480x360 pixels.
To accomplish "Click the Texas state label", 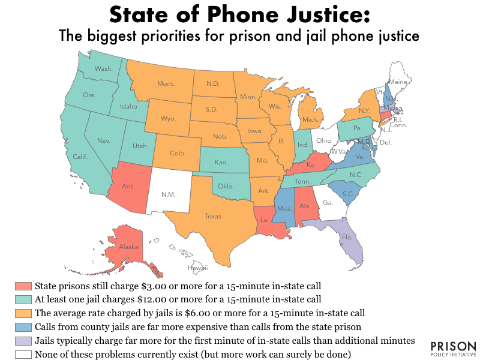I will click(212, 216).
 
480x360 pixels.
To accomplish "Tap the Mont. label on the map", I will click(166, 84).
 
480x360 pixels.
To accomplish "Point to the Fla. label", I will click(347, 238).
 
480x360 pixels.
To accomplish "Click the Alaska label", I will click(129, 247).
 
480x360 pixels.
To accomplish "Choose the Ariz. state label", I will click(128, 186).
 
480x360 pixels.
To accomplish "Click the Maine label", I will click(398, 81).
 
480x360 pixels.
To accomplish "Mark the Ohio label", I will click(324, 140).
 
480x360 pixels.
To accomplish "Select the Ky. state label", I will click(310, 164).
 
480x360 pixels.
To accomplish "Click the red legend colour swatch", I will click(23, 286).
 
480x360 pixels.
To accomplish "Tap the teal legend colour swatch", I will click(23, 299).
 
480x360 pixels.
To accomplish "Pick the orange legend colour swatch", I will click(23, 313).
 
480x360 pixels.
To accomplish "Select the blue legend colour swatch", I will click(23, 326).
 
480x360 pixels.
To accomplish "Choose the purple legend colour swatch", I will click(23, 340).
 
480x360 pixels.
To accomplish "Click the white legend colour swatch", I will click(23, 354).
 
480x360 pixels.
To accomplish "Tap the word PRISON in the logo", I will click(454, 347).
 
